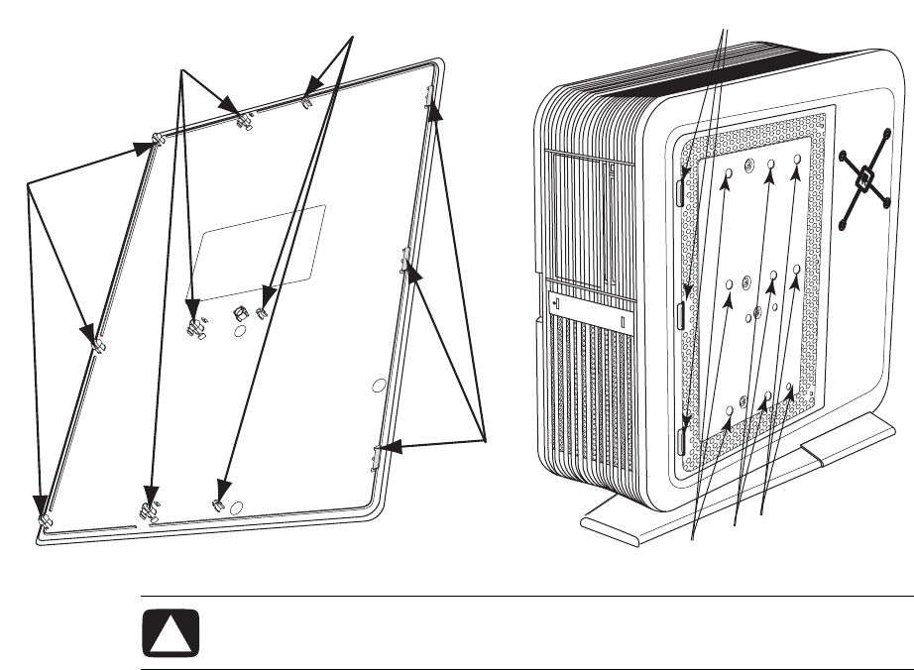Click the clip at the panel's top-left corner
click(x=158, y=140)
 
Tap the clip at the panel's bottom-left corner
click(x=44, y=518)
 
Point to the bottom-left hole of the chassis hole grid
click(x=731, y=409)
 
